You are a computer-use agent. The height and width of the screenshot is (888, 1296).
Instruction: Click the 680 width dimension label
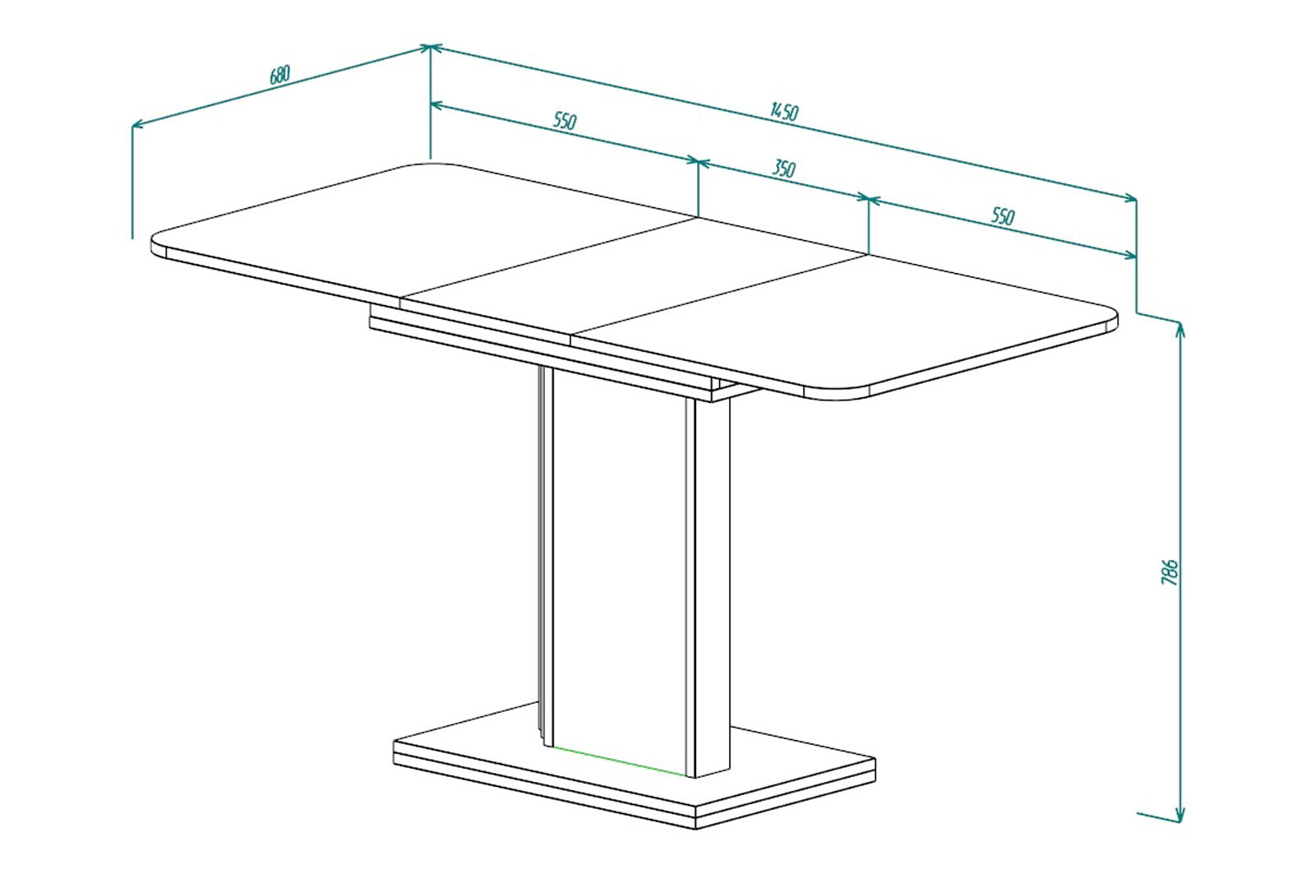point(279,75)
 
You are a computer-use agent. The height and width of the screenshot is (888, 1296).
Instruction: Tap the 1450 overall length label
point(785,111)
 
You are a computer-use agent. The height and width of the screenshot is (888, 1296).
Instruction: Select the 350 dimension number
point(784,169)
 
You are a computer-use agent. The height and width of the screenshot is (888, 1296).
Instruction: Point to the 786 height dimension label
point(1169,572)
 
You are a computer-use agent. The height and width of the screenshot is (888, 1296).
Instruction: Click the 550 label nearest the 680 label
point(565,120)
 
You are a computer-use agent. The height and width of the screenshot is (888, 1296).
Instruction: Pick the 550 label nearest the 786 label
point(1003,216)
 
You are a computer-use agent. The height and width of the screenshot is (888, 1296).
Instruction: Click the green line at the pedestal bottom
point(620,760)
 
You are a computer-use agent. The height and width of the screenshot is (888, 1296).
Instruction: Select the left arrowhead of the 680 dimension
point(138,123)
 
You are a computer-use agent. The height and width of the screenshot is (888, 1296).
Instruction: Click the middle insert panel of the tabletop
point(634,277)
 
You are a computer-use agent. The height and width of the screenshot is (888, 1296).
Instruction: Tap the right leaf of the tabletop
point(845,324)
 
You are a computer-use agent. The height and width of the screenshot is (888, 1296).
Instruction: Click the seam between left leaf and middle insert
point(548,259)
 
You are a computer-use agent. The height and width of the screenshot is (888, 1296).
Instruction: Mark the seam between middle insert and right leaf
point(718,294)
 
